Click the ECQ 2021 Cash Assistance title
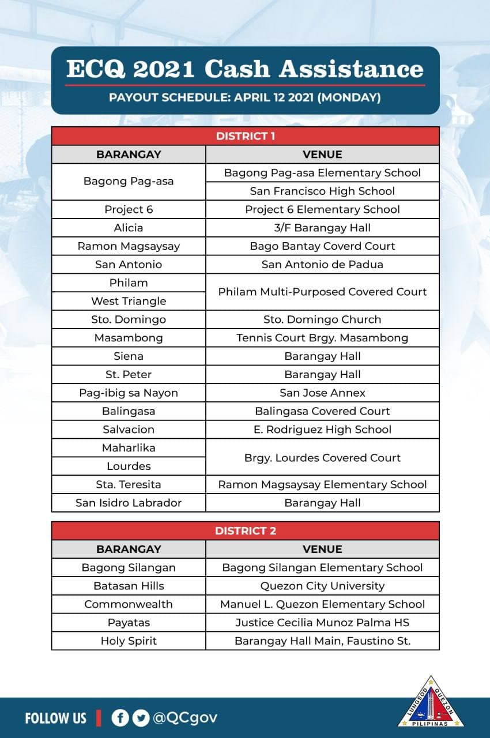click(x=245, y=69)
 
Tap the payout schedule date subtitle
click(x=245, y=97)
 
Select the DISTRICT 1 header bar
click(x=245, y=136)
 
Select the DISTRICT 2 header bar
click(x=245, y=530)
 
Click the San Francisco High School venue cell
click(x=322, y=191)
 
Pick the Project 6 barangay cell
click(x=129, y=209)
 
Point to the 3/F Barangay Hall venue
click(x=322, y=228)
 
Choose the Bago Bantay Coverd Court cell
click(x=322, y=246)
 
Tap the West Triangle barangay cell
click(x=129, y=301)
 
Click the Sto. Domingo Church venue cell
click(x=322, y=319)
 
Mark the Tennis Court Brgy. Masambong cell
click(x=322, y=338)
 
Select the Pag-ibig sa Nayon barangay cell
click(x=129, y=393)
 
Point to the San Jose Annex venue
click(x=322, y=393)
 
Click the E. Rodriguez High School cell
click(x=322, y=430)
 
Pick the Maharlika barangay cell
click(x=129, y=448)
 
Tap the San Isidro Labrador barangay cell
click(x=129, y=503)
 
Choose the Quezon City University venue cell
click(x=322, y=586)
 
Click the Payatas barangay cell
click(x=129, y=623)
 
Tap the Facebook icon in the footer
click(x=120, y=718)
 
